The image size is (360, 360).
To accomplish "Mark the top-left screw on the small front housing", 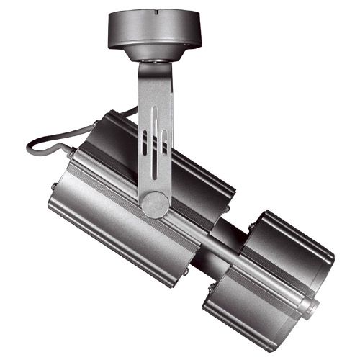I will (251, 228).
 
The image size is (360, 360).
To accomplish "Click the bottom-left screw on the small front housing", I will (210, 288).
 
